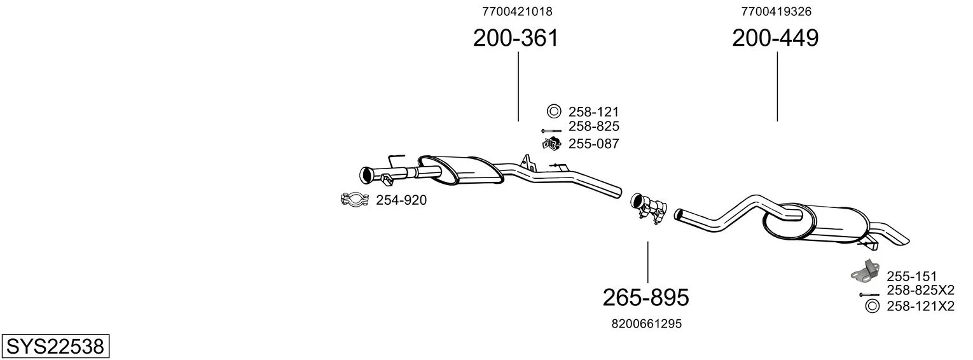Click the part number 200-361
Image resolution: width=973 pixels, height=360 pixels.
point(516,38)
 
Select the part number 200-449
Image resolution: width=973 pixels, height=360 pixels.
point(775,38)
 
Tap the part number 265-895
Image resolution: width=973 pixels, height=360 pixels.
point(646,298)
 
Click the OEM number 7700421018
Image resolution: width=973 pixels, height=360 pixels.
point(517,11)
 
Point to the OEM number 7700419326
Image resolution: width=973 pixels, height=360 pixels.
point(776,11)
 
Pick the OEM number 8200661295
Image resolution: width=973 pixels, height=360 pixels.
point(647,324)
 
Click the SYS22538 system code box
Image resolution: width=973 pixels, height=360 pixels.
point(55,346)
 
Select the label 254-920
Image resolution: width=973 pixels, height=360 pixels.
point(401,200)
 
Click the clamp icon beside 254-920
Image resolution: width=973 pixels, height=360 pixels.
point(355,199)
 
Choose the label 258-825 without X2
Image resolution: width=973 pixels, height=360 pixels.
point(594,127)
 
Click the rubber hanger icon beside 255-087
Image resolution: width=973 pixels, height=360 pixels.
point(551,144)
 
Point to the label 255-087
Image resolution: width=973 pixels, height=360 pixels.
point(594,144)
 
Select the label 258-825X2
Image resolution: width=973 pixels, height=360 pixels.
point(920,289)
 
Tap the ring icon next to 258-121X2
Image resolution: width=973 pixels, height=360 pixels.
point(871,306)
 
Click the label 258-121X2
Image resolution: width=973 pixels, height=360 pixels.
point(920,306)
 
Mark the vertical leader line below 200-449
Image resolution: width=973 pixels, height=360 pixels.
point(777,87)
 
